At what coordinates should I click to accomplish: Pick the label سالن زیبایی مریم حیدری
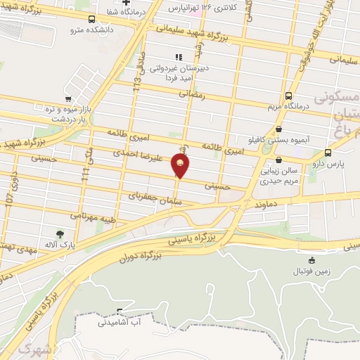pos(280,175)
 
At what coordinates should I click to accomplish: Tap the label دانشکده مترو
pos(86,30)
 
